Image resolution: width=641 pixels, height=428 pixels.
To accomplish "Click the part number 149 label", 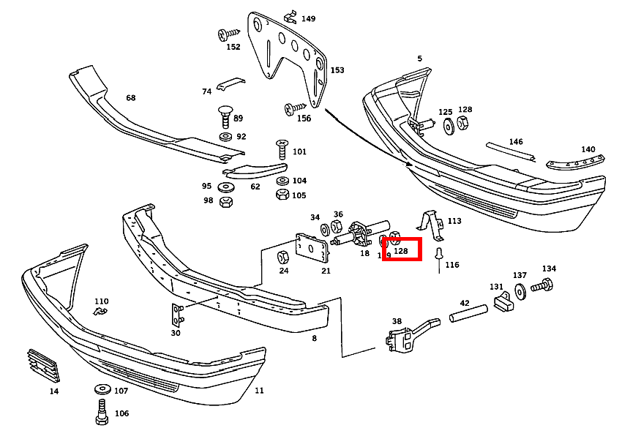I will [309, 19].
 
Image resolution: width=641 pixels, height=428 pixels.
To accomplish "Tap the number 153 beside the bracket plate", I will [337, 70].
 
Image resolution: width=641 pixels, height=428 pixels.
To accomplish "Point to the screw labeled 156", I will [292, 108].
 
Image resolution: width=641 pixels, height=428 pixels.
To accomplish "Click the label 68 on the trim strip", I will [131, 98].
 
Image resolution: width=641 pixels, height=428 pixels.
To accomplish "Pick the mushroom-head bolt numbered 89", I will [225, 116].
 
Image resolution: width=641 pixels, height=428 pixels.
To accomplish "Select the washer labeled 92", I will [225, 137].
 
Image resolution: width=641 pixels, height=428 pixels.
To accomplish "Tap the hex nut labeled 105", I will [281, 195].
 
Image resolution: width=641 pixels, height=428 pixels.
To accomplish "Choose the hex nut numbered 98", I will [226, 200].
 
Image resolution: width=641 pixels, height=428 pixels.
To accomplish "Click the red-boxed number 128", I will [401, 250].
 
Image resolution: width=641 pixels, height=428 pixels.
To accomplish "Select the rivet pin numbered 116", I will [438, 255].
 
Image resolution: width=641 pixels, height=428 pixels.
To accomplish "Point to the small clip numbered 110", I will [100, 312].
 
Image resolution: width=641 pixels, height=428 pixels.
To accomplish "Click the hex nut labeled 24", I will [282, 257].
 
